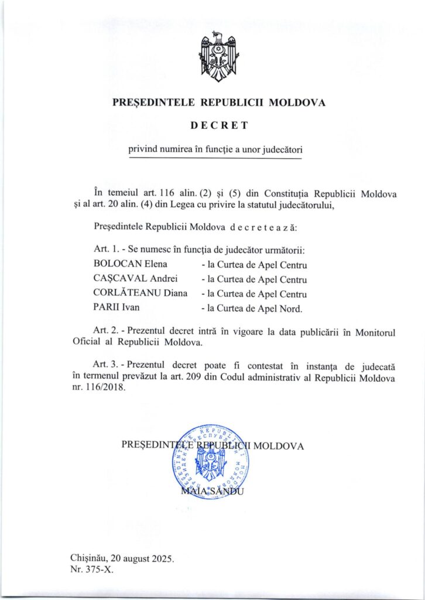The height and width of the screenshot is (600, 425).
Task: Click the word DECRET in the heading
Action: pos(219,125)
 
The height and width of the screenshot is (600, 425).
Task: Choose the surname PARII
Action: pos(105,308)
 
